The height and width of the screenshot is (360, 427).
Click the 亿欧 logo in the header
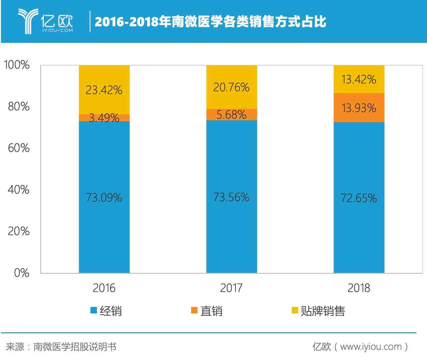point(46,21)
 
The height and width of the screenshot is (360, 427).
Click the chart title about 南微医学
point(210,22)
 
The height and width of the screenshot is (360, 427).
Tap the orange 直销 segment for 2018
point(359,108)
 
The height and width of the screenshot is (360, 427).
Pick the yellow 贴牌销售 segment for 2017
point(231,87)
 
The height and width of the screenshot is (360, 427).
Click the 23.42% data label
point(104,90)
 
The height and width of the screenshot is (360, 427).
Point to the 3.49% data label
point(104,118)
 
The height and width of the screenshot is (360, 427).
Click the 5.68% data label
point(231,115)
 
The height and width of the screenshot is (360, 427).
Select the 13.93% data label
point(359,108)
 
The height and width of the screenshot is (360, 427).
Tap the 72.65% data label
point(359,198)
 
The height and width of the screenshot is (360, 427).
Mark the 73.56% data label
point(231,197)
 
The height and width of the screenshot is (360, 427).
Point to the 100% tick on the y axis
point(16,65)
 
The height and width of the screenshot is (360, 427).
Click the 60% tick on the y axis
point(18,148)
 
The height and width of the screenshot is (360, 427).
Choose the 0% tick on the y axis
point(21,273)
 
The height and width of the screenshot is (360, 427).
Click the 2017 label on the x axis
point(231,288)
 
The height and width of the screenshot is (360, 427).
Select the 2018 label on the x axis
point(359,288)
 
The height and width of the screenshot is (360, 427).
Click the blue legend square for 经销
point(94,311)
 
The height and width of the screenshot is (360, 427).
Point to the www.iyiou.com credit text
point(371,346)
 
